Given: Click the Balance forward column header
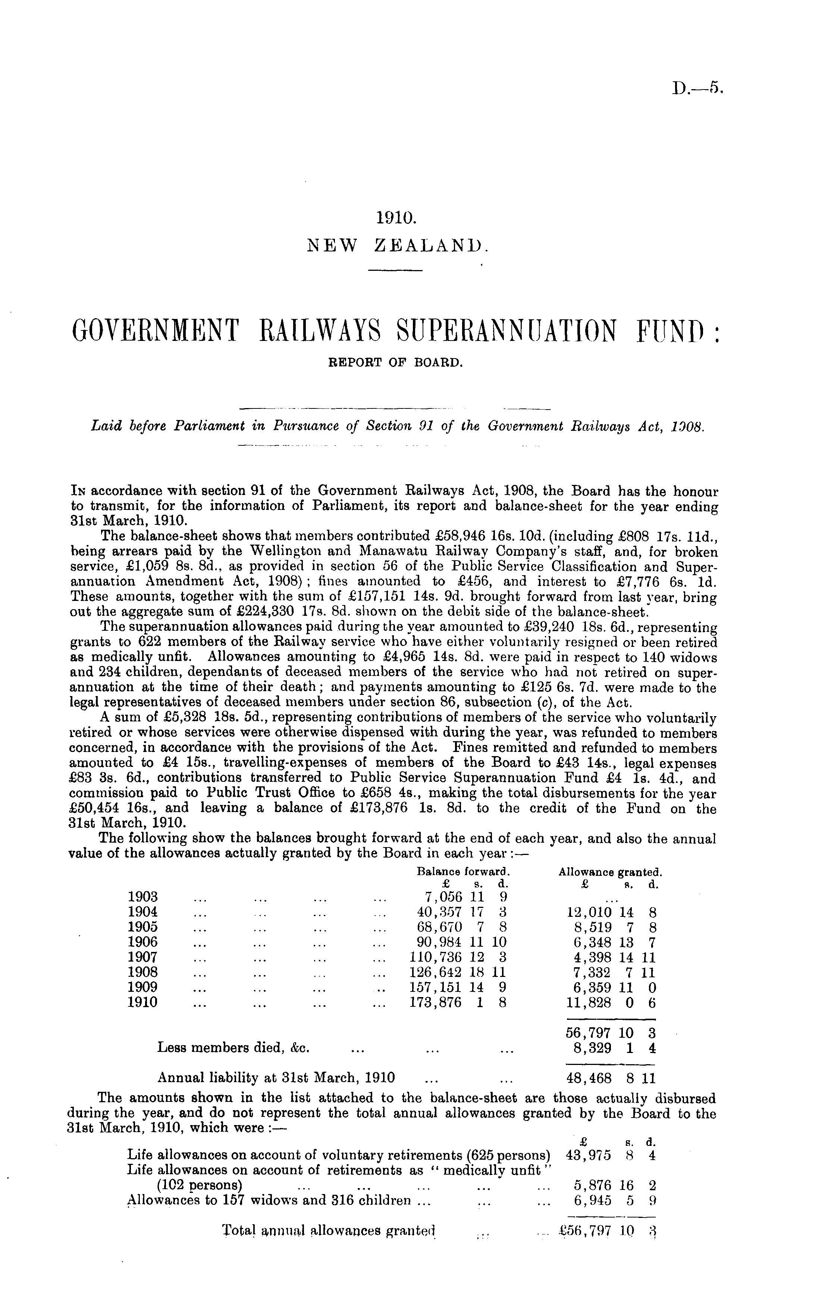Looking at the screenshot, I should pos(462,871).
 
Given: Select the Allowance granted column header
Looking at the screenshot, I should pos(610,871).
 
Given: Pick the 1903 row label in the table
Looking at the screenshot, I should pos(143,896).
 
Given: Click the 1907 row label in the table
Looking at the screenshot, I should pos(143,956).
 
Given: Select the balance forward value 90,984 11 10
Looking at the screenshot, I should pos(459,942).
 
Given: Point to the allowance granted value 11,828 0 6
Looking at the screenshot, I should pos(611,1002).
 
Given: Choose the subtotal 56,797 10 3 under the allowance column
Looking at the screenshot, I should pos(611,1033).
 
